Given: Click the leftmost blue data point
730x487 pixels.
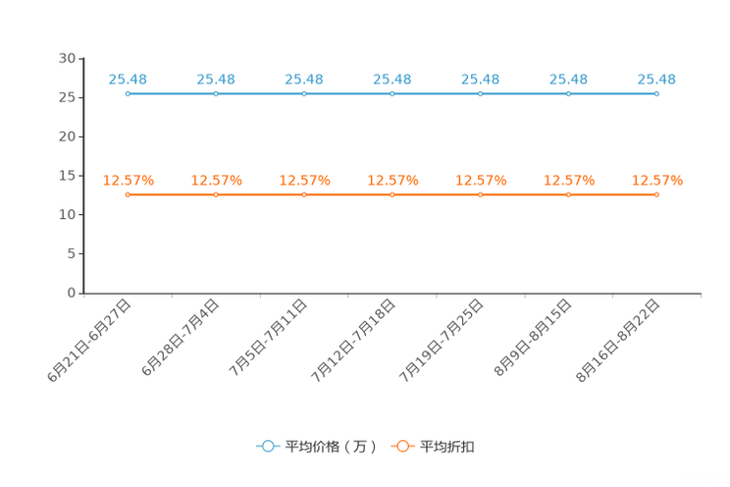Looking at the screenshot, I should coord(128,94).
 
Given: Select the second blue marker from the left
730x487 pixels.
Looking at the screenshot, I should coord(216,94).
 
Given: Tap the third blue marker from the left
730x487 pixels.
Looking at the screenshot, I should coord(304,94).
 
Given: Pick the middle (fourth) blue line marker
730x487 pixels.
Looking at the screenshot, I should coord(392,94).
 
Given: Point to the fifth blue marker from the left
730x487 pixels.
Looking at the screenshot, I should coord(480,94).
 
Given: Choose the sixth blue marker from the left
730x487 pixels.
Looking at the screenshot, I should coord(568,94).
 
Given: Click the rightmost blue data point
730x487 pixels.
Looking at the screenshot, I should coord(656,94).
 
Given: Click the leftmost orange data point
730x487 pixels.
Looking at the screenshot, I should coord(128,195).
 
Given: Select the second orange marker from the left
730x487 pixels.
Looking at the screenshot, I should coord(216,195).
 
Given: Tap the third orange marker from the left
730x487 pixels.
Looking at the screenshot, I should coord(304,195).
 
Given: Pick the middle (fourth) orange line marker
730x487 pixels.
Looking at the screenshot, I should coord(392,195).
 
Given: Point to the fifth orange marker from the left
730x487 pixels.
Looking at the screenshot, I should coord(480,195).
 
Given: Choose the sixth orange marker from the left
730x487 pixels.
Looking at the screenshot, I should coord(568,195).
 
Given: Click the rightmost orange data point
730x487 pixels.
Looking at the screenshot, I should coord(656,195).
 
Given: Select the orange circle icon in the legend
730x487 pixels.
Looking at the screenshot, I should coord(402,446).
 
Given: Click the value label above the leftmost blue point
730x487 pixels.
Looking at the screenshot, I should coord(128,79).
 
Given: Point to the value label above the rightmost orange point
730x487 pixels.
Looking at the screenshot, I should coord(656,180).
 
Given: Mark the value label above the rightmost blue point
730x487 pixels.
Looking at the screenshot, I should coord(656,79).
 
